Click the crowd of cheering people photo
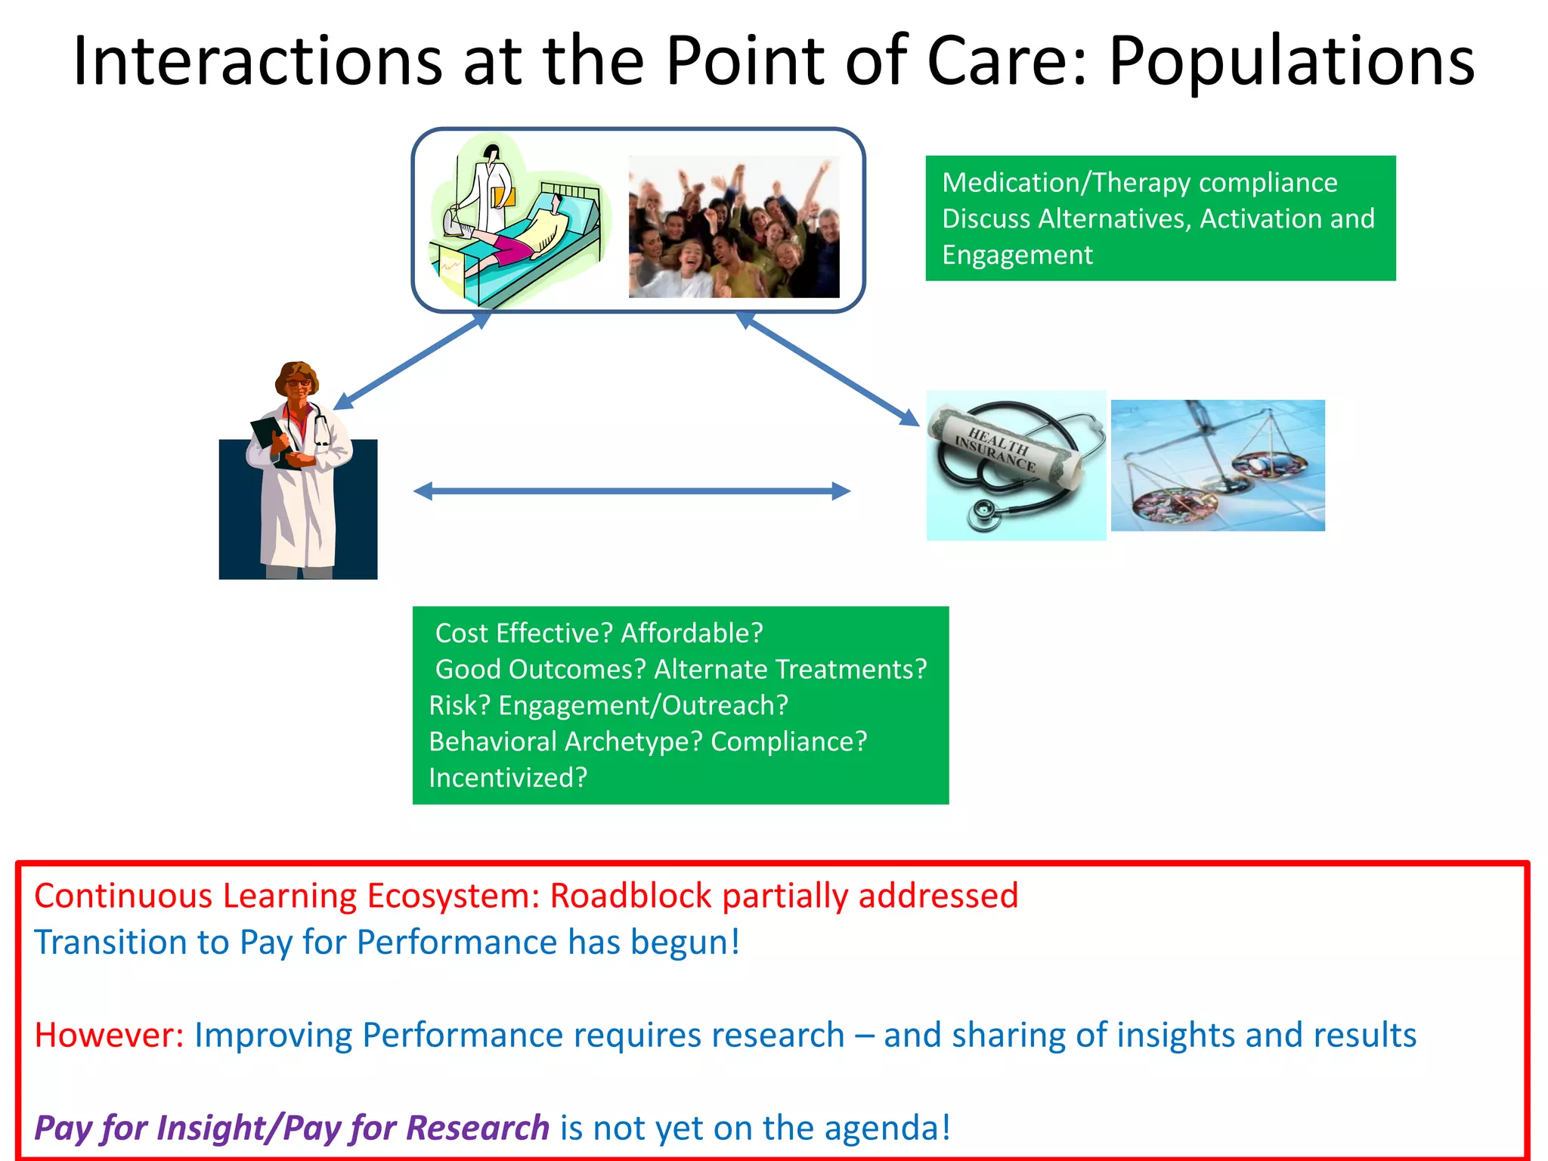click(733, 227)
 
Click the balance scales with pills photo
click(1217, 466)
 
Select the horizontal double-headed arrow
click(632, 491)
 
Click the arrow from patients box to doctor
click(412, 361)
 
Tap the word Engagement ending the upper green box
click(1017, 255)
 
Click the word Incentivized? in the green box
click(508, 778)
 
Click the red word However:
click(109, 1035)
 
